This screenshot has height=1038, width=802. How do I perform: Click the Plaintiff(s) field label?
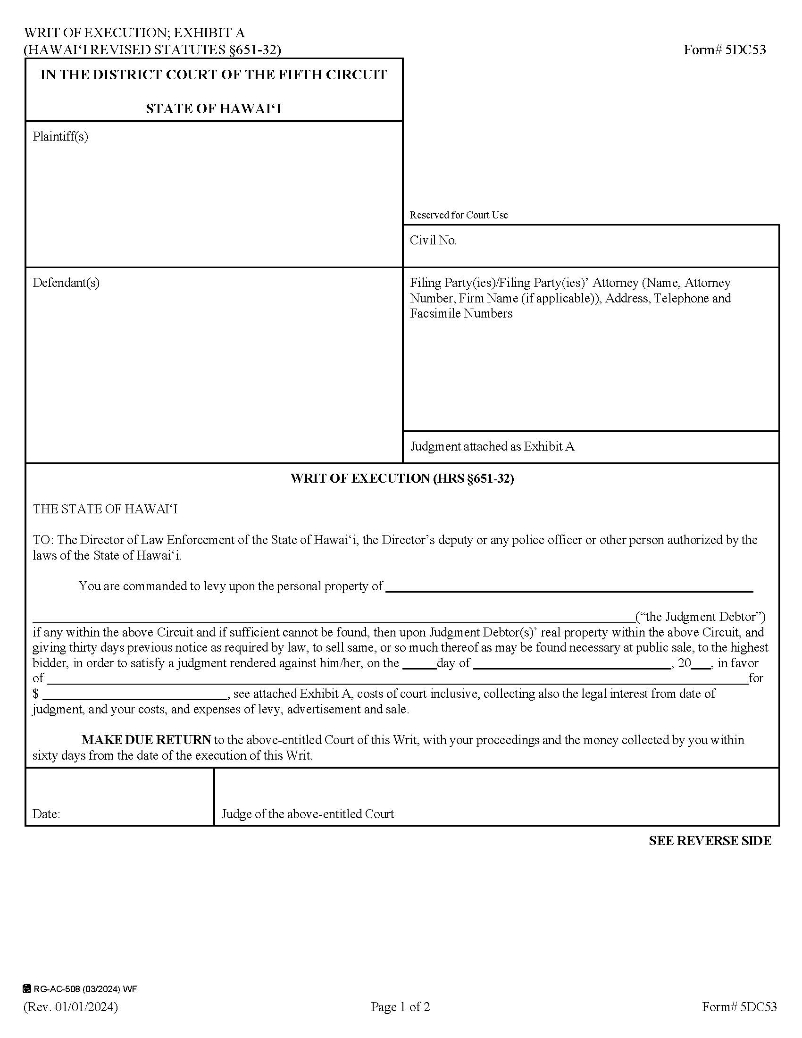(60, 137)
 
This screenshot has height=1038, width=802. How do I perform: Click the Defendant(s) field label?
(66, 283)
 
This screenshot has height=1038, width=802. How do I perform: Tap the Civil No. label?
(433, 241)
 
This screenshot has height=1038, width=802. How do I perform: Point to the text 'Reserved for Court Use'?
(459, 215)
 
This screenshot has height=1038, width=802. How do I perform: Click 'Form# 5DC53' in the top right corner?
(725, 50)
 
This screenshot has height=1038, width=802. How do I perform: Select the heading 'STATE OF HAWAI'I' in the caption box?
(213, 109)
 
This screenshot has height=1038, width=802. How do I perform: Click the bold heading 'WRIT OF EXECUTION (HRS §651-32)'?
(402, 478)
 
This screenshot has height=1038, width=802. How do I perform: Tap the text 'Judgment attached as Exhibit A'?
(492, 447)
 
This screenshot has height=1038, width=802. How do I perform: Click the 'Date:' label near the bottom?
(46, 814)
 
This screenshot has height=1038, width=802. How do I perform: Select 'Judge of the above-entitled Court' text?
(308, 814)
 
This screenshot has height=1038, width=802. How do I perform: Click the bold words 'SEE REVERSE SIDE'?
(710, 841)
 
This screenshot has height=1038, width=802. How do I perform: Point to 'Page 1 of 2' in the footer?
(401, 1007)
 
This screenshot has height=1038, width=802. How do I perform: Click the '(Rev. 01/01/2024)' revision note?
(71, 1007)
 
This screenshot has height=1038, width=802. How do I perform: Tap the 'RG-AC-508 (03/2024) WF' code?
(84, 989)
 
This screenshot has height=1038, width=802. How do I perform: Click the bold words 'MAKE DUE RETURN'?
(146, 740)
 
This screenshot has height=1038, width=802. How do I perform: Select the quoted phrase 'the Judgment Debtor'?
(701, 617)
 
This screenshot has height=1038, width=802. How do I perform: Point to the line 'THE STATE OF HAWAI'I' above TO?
(105, 510)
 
